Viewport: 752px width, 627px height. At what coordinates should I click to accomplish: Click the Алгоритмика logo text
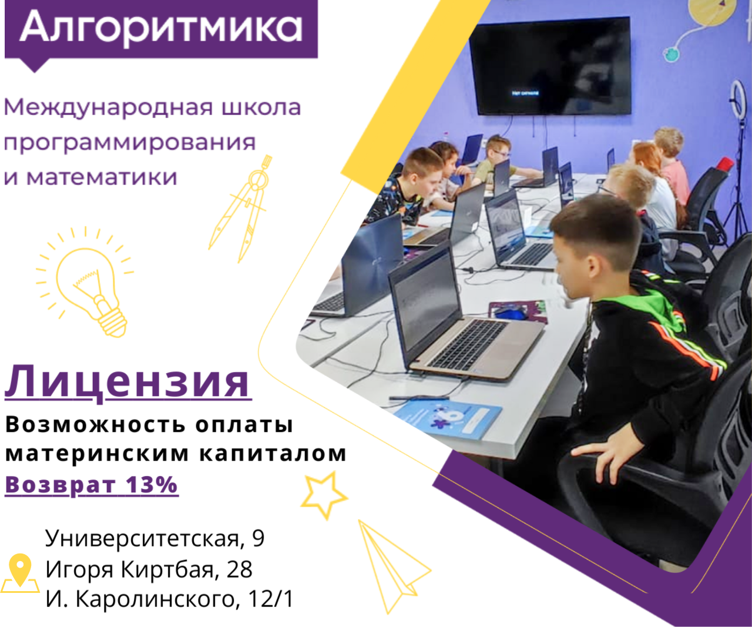tap(160, 28)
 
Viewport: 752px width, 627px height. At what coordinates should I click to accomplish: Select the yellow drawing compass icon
tap(241, 209)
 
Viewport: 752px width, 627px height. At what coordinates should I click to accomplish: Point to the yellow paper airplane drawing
tap(392, 566)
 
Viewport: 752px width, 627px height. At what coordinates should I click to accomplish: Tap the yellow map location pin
tap(20, 573)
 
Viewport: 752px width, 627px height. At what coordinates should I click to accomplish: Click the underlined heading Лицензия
tap(127, 383)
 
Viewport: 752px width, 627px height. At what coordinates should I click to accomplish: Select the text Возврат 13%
tap(92, 485)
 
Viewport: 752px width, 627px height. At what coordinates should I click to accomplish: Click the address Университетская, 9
tap(155, 538)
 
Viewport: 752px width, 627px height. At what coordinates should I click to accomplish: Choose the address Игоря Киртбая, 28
tap(149, 569)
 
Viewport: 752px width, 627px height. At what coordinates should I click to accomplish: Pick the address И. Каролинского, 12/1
tap(170, 599)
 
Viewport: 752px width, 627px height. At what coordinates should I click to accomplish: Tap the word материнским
tap(97, 454)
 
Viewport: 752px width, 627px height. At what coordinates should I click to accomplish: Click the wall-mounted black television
tap(550, 66)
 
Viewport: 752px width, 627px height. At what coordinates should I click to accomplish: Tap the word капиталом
tap(273, 454)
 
